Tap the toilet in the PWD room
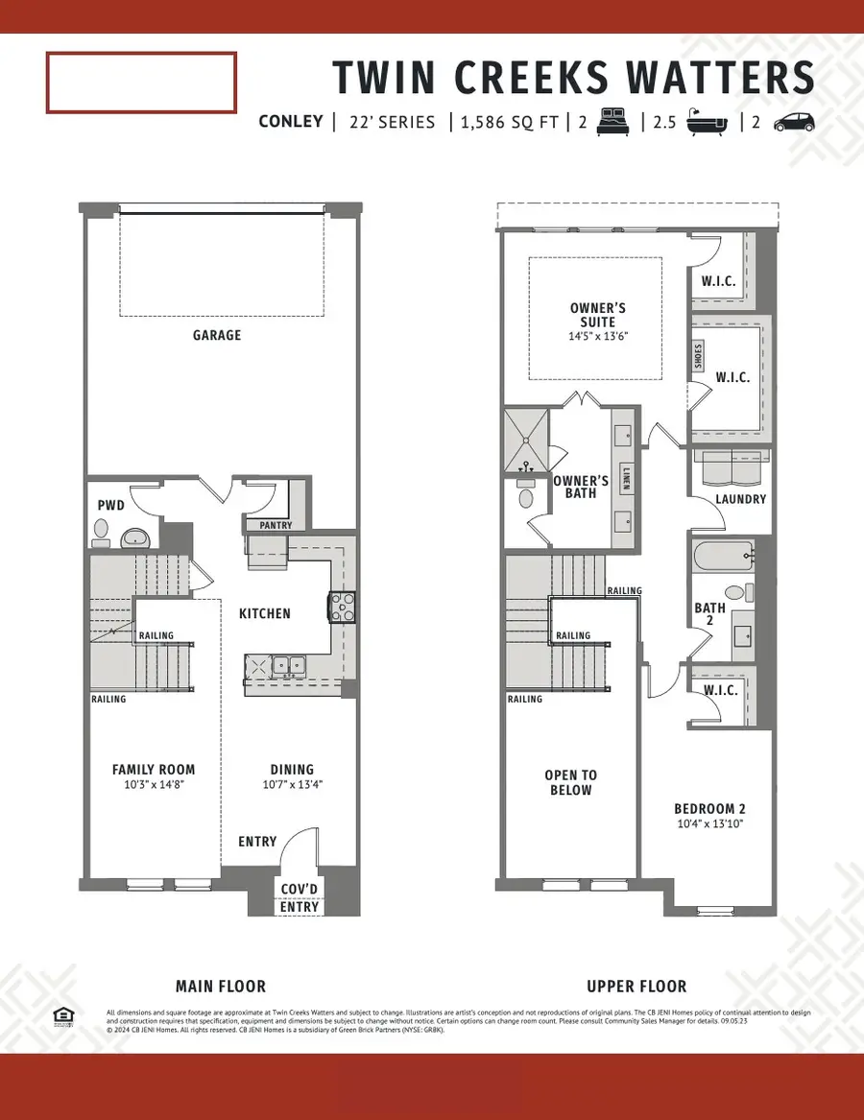click(x=102, y=531)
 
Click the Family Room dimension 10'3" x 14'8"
click(x=154, y=785)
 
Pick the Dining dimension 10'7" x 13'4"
click(x=291, y=785)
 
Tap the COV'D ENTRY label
click(x=300, y=898)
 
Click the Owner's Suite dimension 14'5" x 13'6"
click(x=598, y=337)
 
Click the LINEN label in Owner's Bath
click(x=626, y=478)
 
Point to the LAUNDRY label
click(x=740, y=499)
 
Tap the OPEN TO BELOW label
click(x=569, y=782)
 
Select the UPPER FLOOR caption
click(x=636, y=986)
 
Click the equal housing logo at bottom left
click(x=64, y=1016)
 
